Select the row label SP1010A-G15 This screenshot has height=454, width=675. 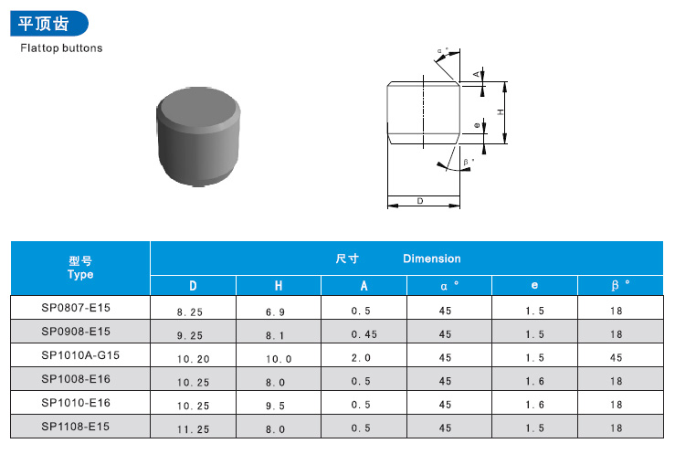click(x=80, y=354)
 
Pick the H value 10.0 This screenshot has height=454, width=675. click(x=279, y=359)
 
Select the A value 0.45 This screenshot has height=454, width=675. click(x=363, y=334)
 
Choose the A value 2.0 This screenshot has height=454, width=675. click(x=363, y=359)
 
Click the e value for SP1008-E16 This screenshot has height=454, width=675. click(x=534, y=381)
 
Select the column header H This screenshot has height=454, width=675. click(x=279, y=286)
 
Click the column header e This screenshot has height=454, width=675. click(x=534, y=286)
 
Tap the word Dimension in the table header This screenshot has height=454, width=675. click(x=431, y=259)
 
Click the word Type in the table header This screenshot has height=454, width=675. click(x=80, y=274)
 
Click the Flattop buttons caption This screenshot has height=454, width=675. click(x=61, y=48)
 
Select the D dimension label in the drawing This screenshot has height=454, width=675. click(x=419, y=200)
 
